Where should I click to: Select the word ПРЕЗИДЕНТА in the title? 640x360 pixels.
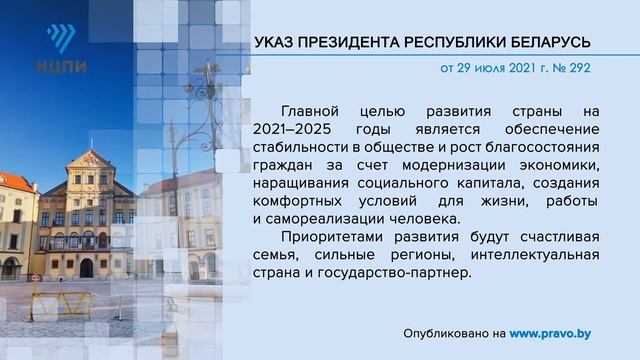click(x=354, y=43)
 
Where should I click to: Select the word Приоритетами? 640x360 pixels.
click(x=332, y=237)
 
